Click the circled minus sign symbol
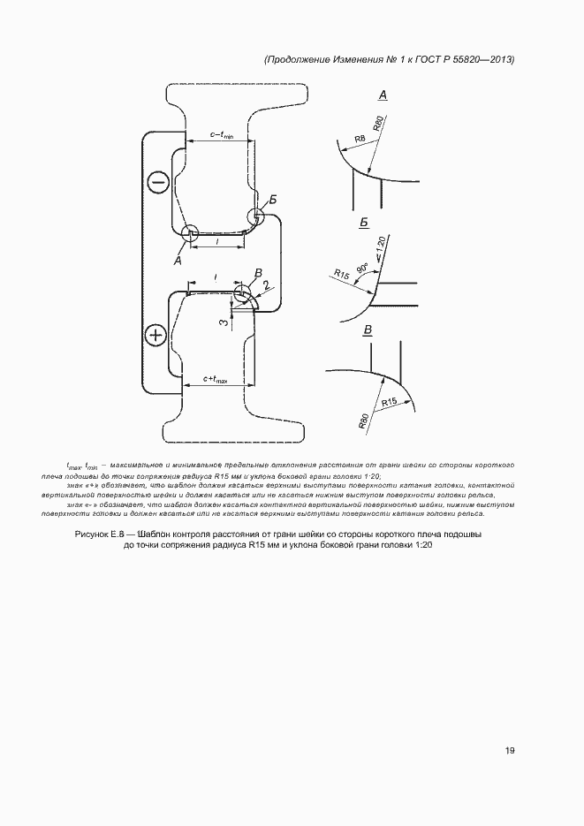click(158, 183)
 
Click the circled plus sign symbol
click(156, 335)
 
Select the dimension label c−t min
click(221, 134)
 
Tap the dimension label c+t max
click(215, 380)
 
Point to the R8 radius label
click(360, 139)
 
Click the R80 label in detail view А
click(380, 124)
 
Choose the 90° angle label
click(362, 267)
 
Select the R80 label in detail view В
click(364, 421)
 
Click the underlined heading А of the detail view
click(383, 94)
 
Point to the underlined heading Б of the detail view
click(363, 224)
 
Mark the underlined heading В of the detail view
click(368, 330)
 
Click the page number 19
click(510, 751)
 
